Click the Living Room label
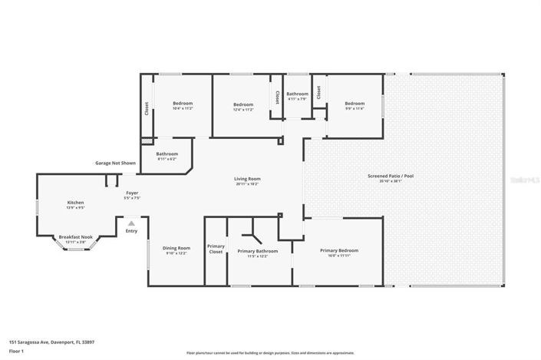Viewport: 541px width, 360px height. pos(246,179)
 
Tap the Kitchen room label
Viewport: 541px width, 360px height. pos(75,203)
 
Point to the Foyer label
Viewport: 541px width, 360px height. pos(132,193)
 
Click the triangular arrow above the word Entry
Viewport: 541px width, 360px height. pos(131,223)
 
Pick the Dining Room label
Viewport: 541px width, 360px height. pos(176,248)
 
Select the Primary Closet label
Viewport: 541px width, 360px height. pos(216,249)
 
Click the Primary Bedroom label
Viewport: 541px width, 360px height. pos(338,250)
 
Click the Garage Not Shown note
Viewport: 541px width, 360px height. pos(115,163)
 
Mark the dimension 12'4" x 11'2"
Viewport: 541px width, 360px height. pos(242,110)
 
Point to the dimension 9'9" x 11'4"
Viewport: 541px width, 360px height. pos(354,109)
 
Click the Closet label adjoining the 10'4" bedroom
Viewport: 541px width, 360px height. pos(147,109)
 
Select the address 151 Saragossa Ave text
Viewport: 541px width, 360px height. pos(51,342)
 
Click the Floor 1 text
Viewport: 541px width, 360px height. pos(17,351)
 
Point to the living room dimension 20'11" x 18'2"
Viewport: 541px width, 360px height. pos(246,184)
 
